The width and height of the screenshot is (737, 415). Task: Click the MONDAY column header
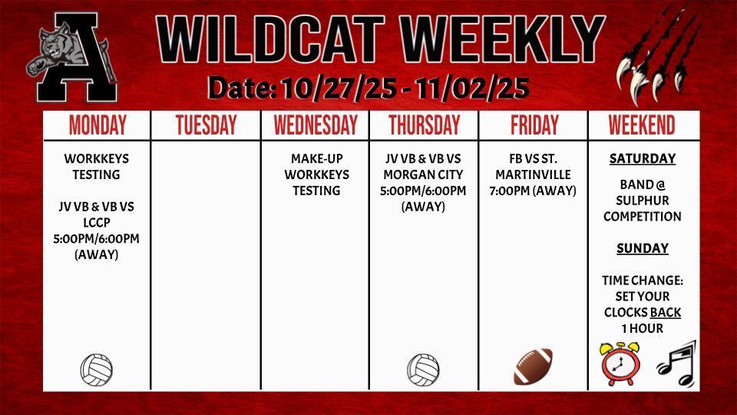(97, 125)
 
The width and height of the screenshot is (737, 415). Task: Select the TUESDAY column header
(206, 125)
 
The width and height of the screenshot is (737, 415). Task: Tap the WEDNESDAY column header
(316, 125)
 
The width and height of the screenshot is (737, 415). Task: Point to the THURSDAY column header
(424, 125)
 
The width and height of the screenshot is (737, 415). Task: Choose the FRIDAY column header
(534, 125)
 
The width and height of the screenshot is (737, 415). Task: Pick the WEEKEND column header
(642, 125)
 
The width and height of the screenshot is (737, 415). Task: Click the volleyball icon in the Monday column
(97, 370)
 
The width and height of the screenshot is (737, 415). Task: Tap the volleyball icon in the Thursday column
(423, 370)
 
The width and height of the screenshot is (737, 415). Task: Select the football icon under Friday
(533, 367)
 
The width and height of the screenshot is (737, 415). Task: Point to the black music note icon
(676, 364)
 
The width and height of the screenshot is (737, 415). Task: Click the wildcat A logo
(73, 61)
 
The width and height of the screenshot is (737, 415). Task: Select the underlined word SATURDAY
(643, 159)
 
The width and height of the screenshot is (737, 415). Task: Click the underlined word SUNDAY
(643, 248)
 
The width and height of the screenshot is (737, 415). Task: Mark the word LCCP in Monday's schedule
(97, 222)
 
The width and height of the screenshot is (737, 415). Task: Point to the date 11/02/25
(472, 88)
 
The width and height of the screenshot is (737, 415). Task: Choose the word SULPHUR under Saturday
(643, 201)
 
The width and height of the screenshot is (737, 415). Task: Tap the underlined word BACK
(666, 313)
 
